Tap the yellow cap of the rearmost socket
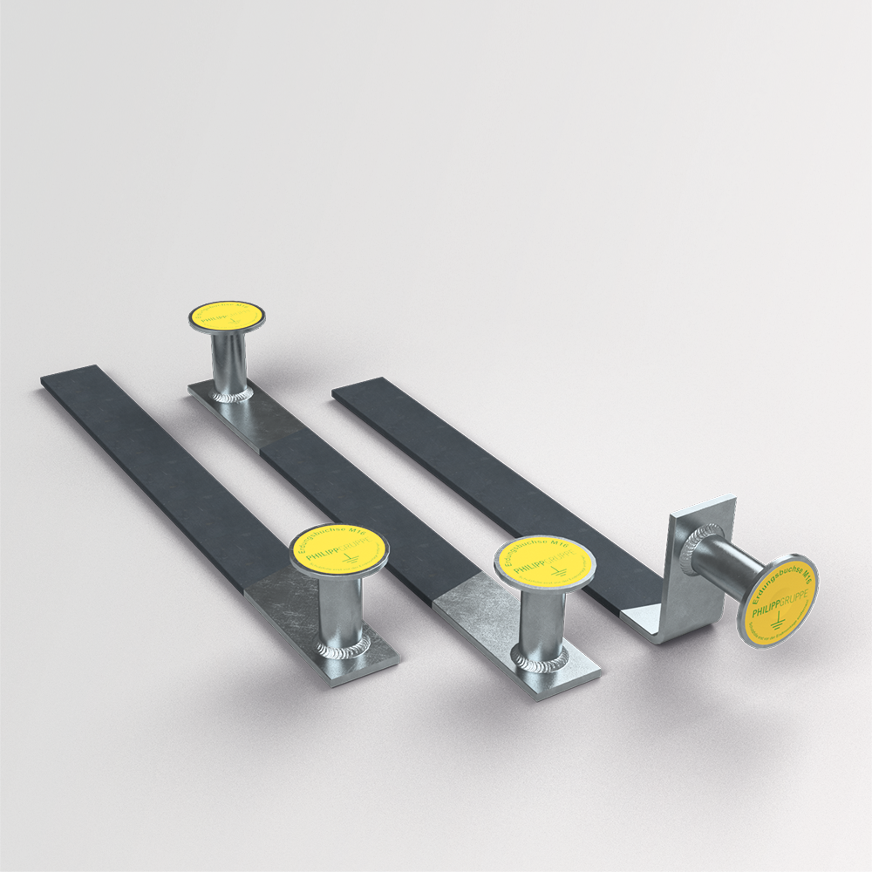point(228,316)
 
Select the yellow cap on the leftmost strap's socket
point(338,550)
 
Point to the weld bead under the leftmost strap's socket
point(342,650)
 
